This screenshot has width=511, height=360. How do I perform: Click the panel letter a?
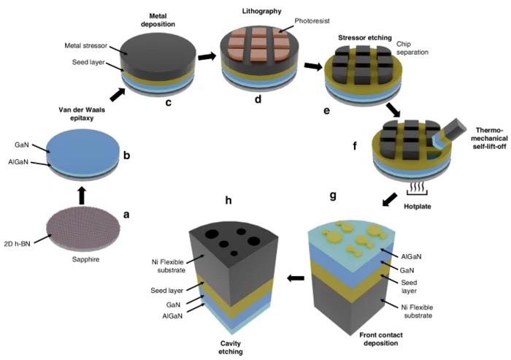[126, 214]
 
